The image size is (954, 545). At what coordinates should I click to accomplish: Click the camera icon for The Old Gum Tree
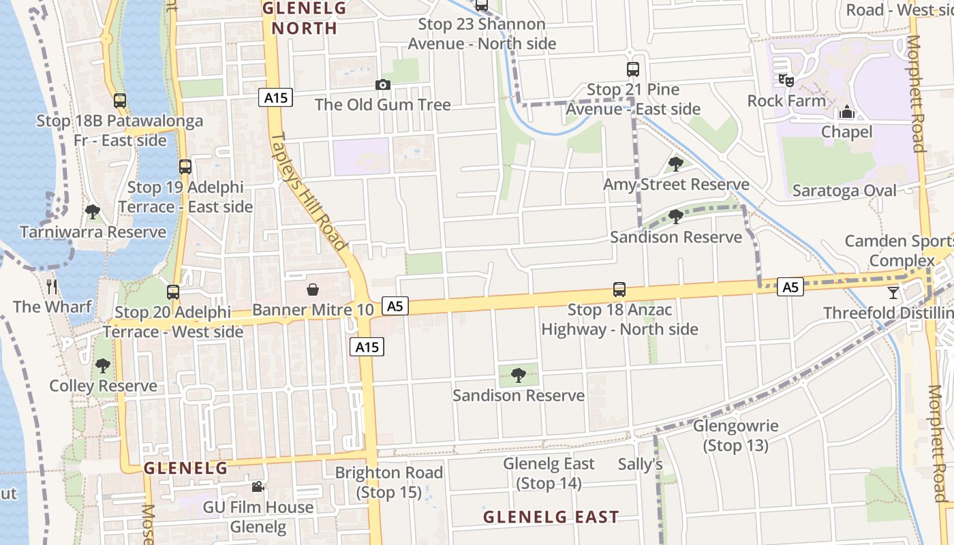383,85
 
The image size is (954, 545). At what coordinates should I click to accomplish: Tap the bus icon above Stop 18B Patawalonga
120,101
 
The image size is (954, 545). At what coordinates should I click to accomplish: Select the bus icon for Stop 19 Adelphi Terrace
185,166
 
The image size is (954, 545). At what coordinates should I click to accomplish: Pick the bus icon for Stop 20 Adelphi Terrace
173,292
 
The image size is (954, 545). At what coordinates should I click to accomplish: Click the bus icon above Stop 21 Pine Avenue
633,69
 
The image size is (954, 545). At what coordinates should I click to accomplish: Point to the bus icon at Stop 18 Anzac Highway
619,290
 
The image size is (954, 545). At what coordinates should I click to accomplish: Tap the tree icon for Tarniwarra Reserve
93,212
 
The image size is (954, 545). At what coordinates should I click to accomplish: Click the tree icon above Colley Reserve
102,366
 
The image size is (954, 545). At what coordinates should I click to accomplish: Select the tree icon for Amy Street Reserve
675,163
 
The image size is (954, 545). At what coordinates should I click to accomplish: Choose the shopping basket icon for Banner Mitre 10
313,290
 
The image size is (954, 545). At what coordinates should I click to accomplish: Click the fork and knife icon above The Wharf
52,286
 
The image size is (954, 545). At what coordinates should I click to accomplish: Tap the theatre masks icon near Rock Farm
786,80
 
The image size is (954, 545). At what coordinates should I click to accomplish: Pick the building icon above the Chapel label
847,111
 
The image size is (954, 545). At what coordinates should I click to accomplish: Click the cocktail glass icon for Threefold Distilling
893,293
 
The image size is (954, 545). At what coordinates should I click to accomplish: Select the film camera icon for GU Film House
258,486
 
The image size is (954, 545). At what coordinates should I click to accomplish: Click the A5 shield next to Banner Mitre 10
395,306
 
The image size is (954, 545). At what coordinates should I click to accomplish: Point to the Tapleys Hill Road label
309,191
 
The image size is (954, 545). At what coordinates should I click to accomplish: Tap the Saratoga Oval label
844,191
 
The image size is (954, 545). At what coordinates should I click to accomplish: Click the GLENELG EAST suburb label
551,517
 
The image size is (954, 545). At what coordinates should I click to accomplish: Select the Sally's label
640,465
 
